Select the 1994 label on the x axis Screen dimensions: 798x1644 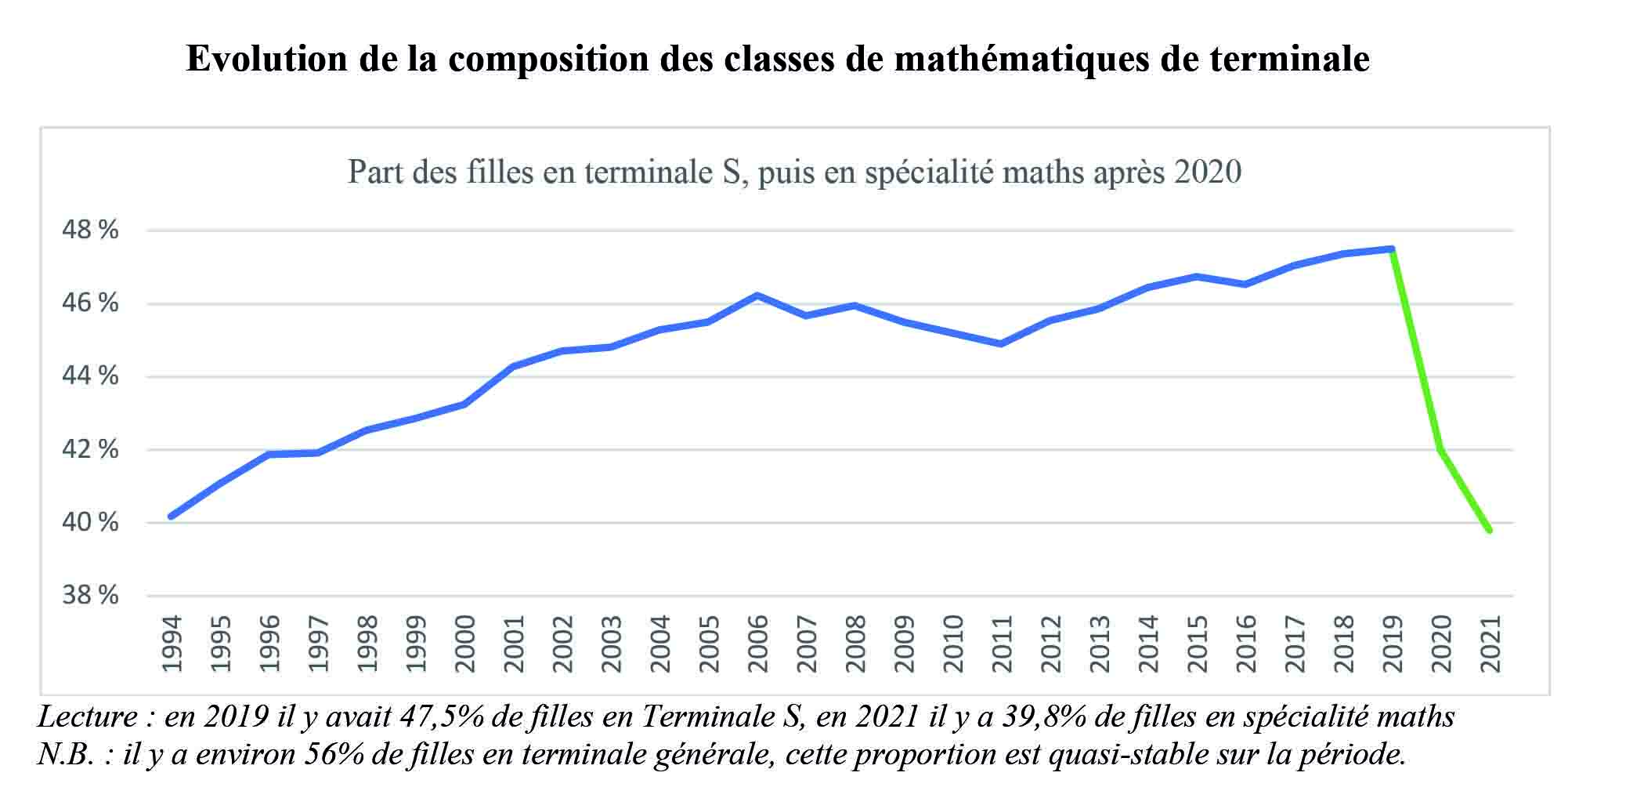click(172, 644)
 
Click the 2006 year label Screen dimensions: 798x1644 click(757, 644)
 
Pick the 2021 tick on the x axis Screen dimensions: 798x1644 click(1490, 644)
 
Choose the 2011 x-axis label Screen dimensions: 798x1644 click(1002, 644)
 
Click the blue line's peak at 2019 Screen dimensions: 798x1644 click(1392, 248)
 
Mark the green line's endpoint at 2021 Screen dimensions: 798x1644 click(1489, 531)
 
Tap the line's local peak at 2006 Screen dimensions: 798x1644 click(757, 296)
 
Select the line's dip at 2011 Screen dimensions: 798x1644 click(1001, 343)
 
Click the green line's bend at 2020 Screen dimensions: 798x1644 click(1440, 449)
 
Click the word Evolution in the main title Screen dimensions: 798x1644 click(266, 60)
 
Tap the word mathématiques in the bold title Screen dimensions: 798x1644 click(1021, 60)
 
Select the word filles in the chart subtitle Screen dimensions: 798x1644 click(500, 172)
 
